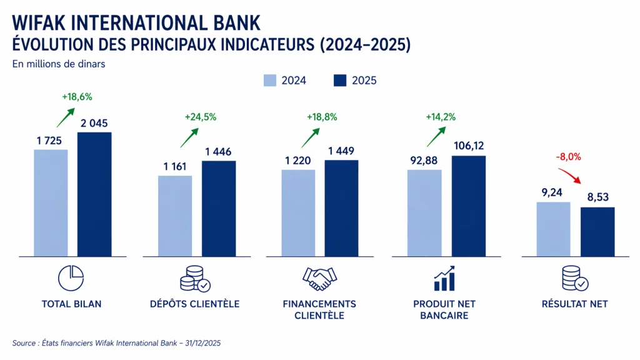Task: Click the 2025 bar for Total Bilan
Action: click(94, 194)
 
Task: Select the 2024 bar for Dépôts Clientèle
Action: click(175, 216)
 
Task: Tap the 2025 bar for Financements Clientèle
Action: click(341, 208)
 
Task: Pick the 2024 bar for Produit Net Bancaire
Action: click(424, 212)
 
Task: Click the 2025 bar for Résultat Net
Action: click(597, 231)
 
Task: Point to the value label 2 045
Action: click(94, 123)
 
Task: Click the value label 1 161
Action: click(176, 166)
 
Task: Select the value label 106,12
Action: click(467, 146)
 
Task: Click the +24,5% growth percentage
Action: click(200, 117)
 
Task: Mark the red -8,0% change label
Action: click(569, 157)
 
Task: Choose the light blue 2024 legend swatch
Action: click(270, 81)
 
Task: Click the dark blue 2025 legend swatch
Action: click(340, 81)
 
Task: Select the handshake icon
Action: click(319, 279)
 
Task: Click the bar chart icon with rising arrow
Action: click(444, 279)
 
